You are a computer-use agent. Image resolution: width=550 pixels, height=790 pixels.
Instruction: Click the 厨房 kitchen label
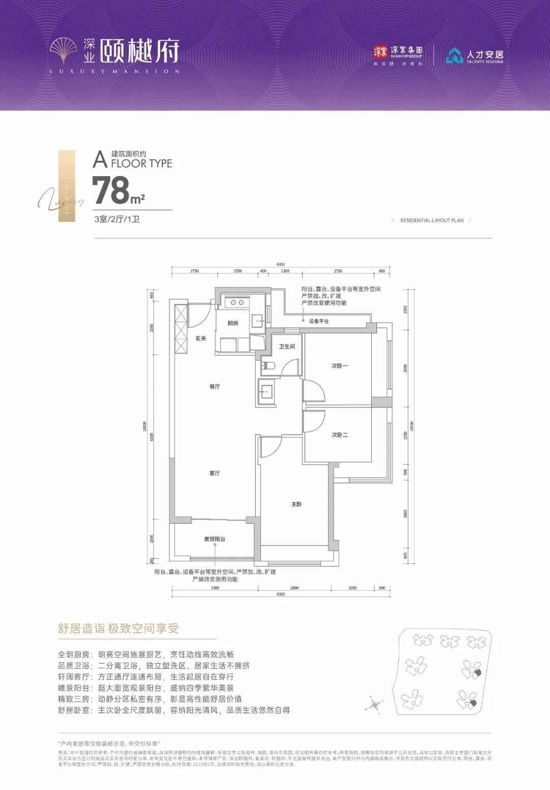[233, 323]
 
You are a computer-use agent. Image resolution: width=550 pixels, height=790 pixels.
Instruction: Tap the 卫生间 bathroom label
[287, 347]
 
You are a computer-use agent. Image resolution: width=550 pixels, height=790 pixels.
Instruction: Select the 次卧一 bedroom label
[340, 366]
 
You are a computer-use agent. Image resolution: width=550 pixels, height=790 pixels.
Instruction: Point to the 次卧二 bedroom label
[340, 435]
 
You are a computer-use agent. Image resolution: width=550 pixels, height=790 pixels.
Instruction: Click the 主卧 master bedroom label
[296, 504]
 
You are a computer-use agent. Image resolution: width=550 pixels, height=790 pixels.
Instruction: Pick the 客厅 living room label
[215, 474]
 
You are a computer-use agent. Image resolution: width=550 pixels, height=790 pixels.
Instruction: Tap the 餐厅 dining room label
[215, 387]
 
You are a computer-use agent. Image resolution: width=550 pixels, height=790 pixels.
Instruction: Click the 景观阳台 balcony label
[214, 539]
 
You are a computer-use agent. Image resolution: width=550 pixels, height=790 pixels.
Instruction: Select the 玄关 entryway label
[201, 338]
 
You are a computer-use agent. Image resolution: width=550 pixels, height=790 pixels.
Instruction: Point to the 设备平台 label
[319, 321]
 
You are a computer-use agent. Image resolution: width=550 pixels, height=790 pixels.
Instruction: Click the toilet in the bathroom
[268, 365]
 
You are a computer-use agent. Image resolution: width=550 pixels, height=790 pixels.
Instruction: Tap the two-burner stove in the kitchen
[237, 303]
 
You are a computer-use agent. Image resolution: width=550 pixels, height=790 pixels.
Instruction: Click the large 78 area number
[112, 190]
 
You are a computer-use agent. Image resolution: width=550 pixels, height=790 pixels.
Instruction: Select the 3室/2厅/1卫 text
[117, 220]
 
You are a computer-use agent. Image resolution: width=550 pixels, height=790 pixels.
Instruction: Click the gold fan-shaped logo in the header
[64, 51]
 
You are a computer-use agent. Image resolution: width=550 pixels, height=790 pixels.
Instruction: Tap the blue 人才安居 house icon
[454, 56]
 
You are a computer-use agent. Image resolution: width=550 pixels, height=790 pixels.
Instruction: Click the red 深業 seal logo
[380, 51]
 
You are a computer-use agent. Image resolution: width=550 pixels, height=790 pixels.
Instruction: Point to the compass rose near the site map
[374, 705]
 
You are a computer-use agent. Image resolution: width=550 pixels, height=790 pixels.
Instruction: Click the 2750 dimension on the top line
[338, 271]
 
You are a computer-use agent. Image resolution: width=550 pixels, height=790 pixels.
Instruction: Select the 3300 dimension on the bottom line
[215, 588]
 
